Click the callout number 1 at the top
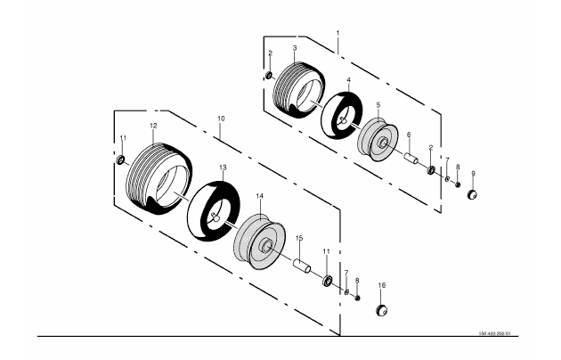tap(337, 32)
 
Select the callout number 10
tap(221, 118)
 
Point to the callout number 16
tap(382, 285)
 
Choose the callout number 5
tap(378, 105)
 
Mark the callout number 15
tap(299, 238)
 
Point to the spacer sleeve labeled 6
tap(412, 159)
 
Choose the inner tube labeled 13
tap(213, 209)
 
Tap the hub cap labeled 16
tap(382, 308)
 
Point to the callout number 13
tap(223, 167)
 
